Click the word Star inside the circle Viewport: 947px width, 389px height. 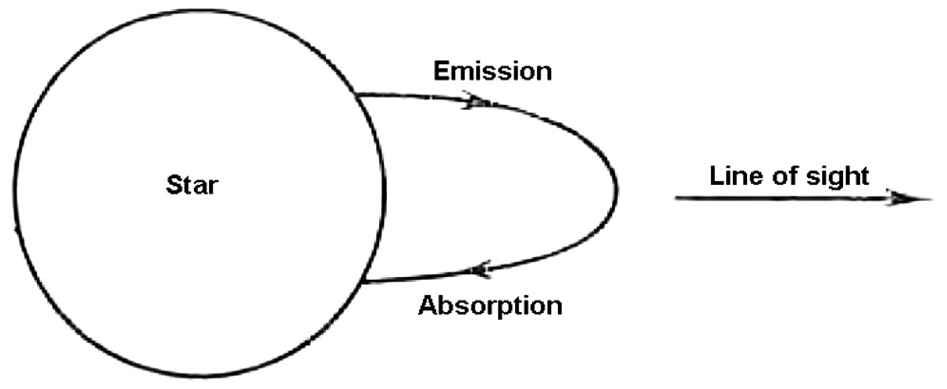pyautogui.click(x=192, y=185)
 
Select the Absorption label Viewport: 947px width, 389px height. pyautogui.click(x=490, y=306)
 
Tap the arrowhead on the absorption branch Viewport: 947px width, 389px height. pyautogui.click(x=480, y=270)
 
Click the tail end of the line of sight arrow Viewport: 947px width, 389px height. pyautogui.click(x=676, y=198)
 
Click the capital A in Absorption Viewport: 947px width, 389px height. pyautogui.click(x=428, y=305)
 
